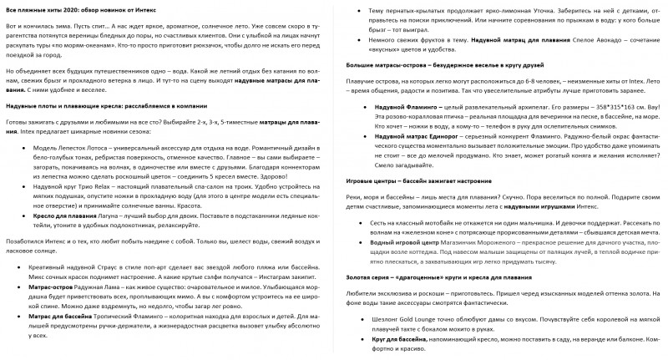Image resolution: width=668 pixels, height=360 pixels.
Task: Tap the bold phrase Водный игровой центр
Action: click(x=405, y=240)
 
